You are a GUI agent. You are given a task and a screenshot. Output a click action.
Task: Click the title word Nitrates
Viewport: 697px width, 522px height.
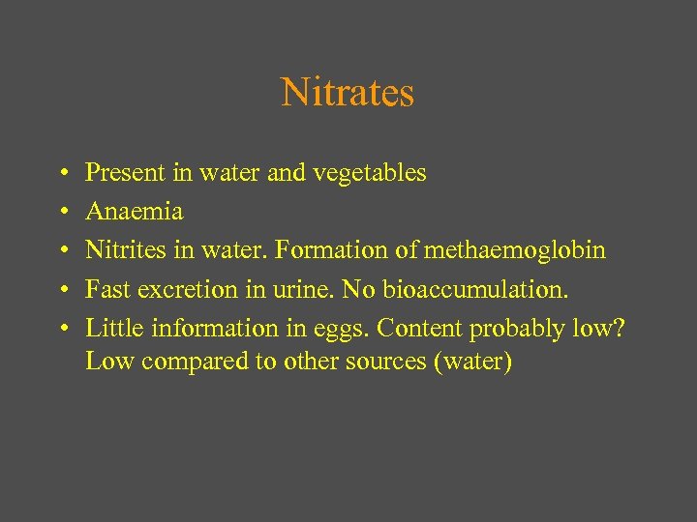[x=348, y=93]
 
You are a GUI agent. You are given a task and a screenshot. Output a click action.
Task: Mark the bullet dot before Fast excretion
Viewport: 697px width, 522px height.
[x=61, y=290]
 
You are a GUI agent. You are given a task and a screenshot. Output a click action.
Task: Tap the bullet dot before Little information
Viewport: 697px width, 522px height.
[x=61, y=329]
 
